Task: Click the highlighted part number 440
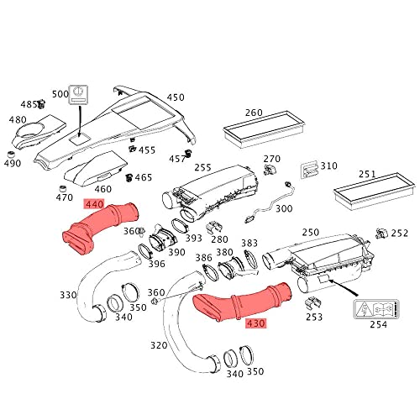[x=94, y=204]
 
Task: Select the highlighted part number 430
[x=255, y=323]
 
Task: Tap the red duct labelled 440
[x=102, y=227]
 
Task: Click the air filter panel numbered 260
[x=264, y=129]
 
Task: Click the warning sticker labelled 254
[x=376, y=309]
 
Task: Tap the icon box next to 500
[x=79, y=94]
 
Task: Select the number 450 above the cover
[x=176, y=97]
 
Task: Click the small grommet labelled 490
[x=11, y=155]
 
